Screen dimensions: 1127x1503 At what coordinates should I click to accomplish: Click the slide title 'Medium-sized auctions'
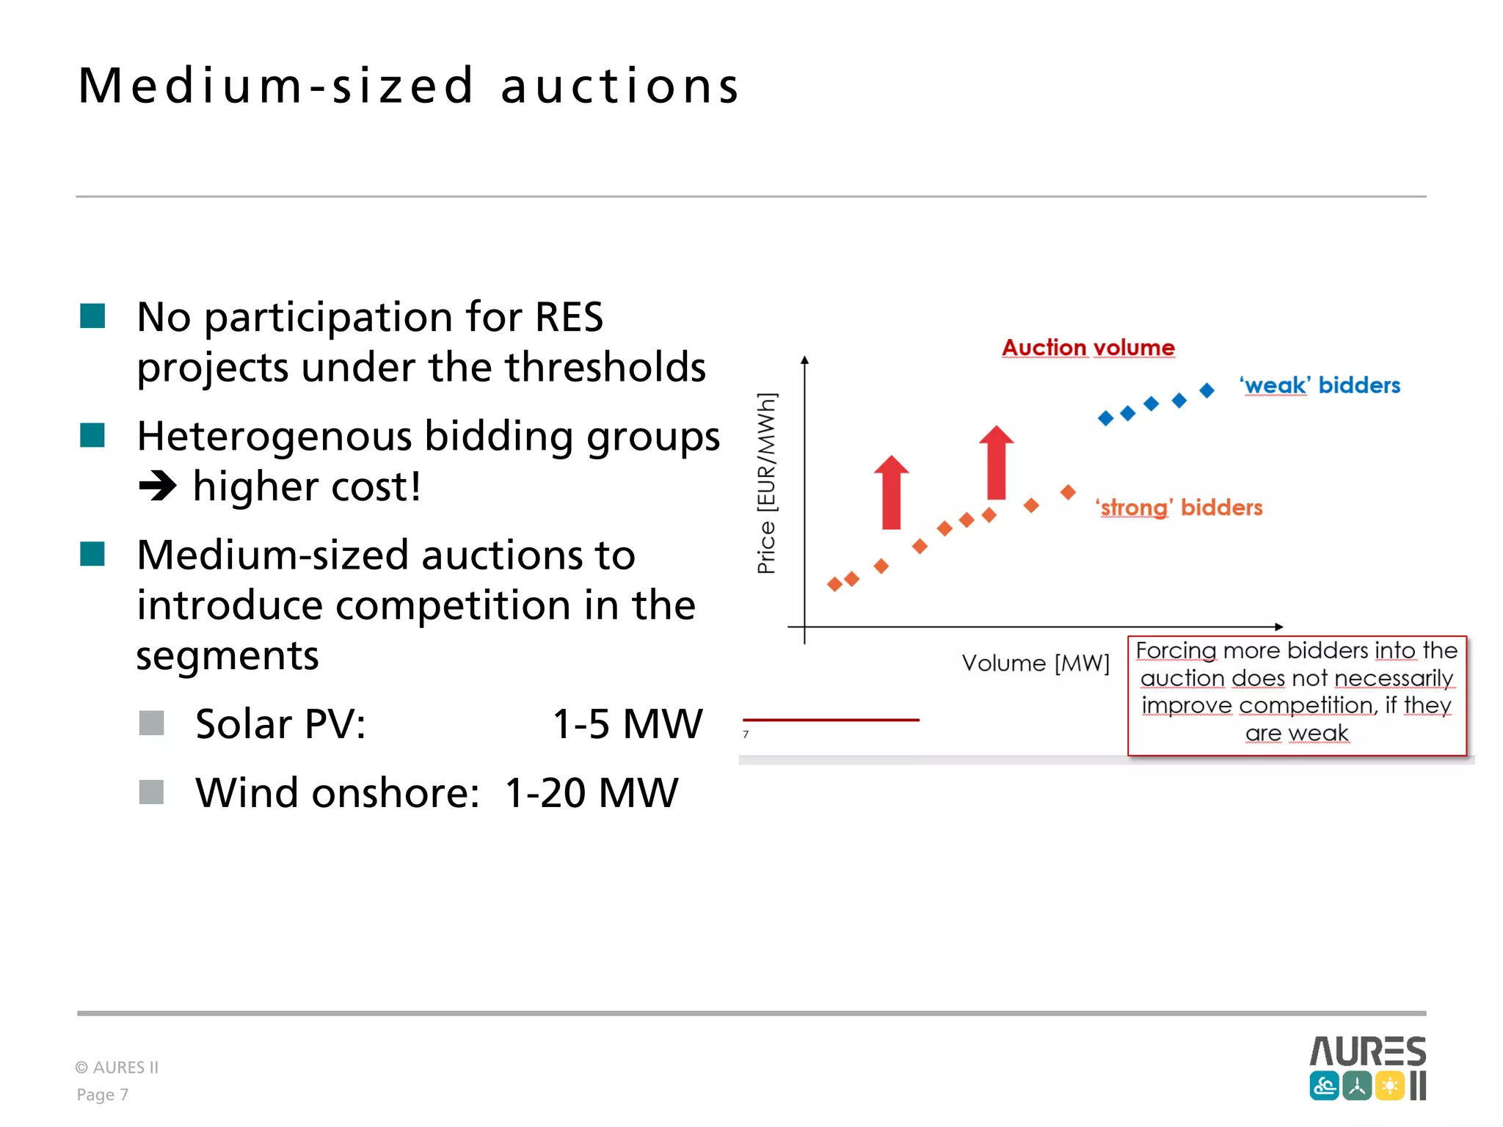pyautogui.click(x=408, y=87)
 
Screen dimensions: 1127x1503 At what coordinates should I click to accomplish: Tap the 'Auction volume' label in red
pyautogui.click(x=1088, y=348)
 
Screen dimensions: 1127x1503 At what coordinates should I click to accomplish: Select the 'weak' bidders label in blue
pyautogui.click(x=1320, y=385)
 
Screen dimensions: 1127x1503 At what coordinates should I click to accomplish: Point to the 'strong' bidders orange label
pyautogui.click(x=1179, y=508)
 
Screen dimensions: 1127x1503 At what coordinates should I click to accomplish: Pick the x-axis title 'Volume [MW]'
pyautogui.click(x=1036, y=663)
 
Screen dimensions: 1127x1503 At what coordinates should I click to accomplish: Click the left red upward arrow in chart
pyautogui.click(x=891, y=493)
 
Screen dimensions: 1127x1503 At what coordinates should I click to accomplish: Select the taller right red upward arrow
pyautogui.click(x=996, y=463)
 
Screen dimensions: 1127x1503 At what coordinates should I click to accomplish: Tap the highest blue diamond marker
pyautogui.click(x=1207, y=390)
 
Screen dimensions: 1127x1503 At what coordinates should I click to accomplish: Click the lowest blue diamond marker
pyautogui.click(x=1105, y=418)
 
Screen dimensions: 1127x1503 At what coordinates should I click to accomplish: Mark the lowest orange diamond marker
pyautogui.click(x=834, y=584)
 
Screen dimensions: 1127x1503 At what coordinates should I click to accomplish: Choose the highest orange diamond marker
pyautogui.click(x=1069, y=492)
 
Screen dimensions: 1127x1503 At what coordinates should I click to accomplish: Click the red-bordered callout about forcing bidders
pyautogui.click(x=1297, y=695)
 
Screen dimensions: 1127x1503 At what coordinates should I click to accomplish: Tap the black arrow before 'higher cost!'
pyautogui.click(x=158, y=486)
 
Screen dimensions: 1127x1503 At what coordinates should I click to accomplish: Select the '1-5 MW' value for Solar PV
pyautogui.click(x=627, y=724)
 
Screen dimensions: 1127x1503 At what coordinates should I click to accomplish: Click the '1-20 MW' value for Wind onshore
pyautogui.click(x=592, y=793)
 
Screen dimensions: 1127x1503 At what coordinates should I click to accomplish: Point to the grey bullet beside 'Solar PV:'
pyautogui.click(x=151, y=723)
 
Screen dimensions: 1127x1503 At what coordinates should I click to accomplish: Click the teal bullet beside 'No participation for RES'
pyautogui.click(x=92, y=316)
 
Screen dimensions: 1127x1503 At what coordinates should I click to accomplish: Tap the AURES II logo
pyautogui.click(x=1367, y=1068)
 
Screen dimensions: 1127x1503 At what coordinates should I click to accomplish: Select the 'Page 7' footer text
pyautogui.click(x=103, y=1095)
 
